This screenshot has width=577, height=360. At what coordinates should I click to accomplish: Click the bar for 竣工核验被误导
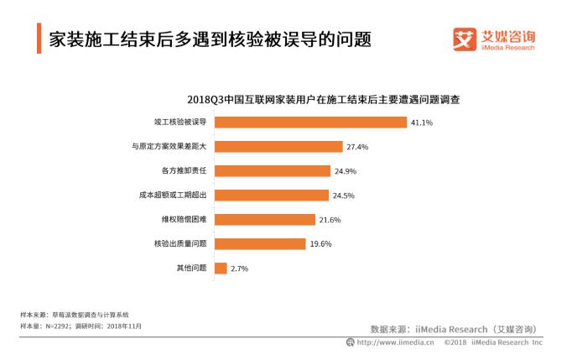310,122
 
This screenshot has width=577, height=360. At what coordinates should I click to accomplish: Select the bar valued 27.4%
278,146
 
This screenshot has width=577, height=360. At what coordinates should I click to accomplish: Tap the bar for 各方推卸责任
273,170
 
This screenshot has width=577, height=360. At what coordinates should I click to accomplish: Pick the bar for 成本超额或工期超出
272,195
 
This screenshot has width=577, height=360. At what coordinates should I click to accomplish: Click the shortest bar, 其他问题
221,269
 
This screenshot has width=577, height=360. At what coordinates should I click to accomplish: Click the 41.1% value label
421,122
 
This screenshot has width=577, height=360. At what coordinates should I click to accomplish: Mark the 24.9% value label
346,170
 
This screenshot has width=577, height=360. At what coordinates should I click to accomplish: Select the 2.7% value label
240,269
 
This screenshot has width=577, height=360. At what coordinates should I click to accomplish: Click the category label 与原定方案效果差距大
169,146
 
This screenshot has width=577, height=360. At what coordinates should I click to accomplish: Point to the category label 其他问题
190,269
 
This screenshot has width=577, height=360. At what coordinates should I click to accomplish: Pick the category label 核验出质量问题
179,243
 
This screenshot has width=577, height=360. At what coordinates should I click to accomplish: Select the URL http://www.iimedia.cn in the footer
395,342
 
